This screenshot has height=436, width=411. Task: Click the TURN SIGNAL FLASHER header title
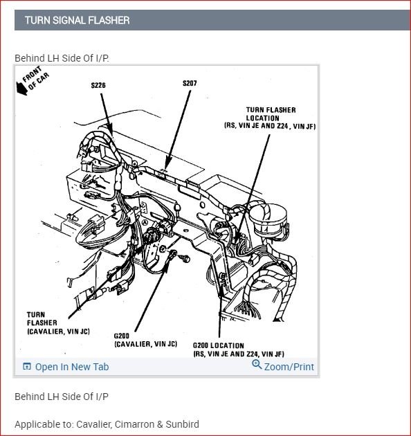pyautogui.click(x=77, y=20)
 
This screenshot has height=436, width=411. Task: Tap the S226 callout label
pyautogui.click(x=98, y=85)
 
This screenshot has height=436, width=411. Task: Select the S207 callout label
pyautogui.click(x=190, y=83)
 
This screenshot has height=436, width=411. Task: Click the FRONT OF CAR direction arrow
pyautogui.click(x=21, y=89)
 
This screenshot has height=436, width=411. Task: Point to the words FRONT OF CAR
pyautogui.click(x=35, y=78)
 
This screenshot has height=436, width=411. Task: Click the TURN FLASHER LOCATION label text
pyautogui.click(x=270, y=118)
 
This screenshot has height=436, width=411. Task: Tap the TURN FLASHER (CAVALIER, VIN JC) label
pyautogui.click(x=58, y=323)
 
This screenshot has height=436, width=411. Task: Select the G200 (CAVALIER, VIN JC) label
pyautogui.click(x=145, y=340)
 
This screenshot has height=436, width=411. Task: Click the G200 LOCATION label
pyautogui.click(x=239, y=349)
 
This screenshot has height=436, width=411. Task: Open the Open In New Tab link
pyautogui.click(x=72, y=367)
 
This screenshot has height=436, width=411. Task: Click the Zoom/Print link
pyautogui.click(x=289, y=367)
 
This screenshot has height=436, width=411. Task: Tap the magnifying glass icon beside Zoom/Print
pyautogui.click(x=257, y=365)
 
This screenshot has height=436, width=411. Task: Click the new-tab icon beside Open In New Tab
pyautogui.click(x=27, y=367)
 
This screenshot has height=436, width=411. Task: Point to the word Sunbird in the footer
pyautogui.click(x=183, y=424)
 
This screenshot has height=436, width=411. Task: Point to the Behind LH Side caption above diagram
pyautogui.click(x=62, y=58)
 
